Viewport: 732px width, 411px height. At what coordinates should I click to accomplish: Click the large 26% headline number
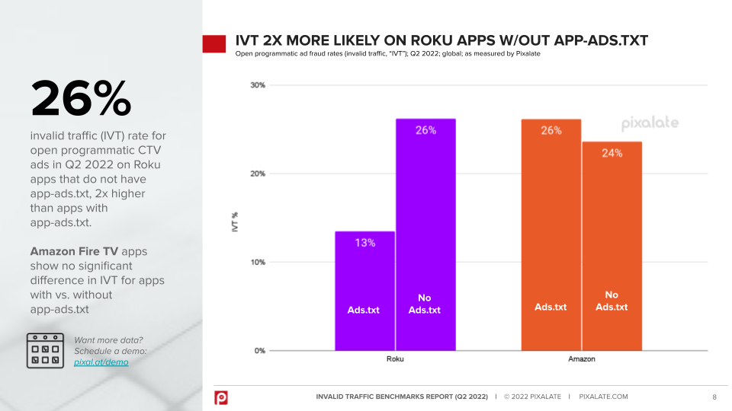click(81, 99)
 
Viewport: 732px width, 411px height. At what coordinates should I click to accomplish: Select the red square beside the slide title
click(213, 44)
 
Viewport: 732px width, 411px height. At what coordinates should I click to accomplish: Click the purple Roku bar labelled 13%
click(364, 291)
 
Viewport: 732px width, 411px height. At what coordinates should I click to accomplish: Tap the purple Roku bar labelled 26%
click(425, 234)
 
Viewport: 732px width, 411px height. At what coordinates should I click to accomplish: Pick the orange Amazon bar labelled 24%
click(612, 246)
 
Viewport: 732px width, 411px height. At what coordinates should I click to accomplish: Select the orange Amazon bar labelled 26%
click(551, 234)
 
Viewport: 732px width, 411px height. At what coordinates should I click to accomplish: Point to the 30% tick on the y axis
click(257, 85)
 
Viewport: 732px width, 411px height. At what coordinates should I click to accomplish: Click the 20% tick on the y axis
click(257, 174)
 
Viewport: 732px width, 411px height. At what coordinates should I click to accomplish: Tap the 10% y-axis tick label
click(257, 263)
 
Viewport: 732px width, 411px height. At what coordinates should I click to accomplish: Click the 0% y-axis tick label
click(259, 351)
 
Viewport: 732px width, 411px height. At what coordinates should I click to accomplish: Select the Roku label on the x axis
click(395, 359)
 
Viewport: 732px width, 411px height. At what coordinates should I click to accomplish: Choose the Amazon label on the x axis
click(581, 359)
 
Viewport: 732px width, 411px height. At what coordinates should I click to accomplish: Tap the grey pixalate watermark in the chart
click(649, 123)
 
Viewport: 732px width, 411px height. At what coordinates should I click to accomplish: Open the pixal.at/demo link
click(101, 362)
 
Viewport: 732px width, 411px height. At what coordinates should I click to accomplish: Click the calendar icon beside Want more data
click(46, 351)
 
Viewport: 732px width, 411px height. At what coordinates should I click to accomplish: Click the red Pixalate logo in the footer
click(220, 397)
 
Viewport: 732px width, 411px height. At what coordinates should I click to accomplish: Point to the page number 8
click(714, 397)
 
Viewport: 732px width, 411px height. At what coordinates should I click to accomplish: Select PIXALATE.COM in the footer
click(604, 397)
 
